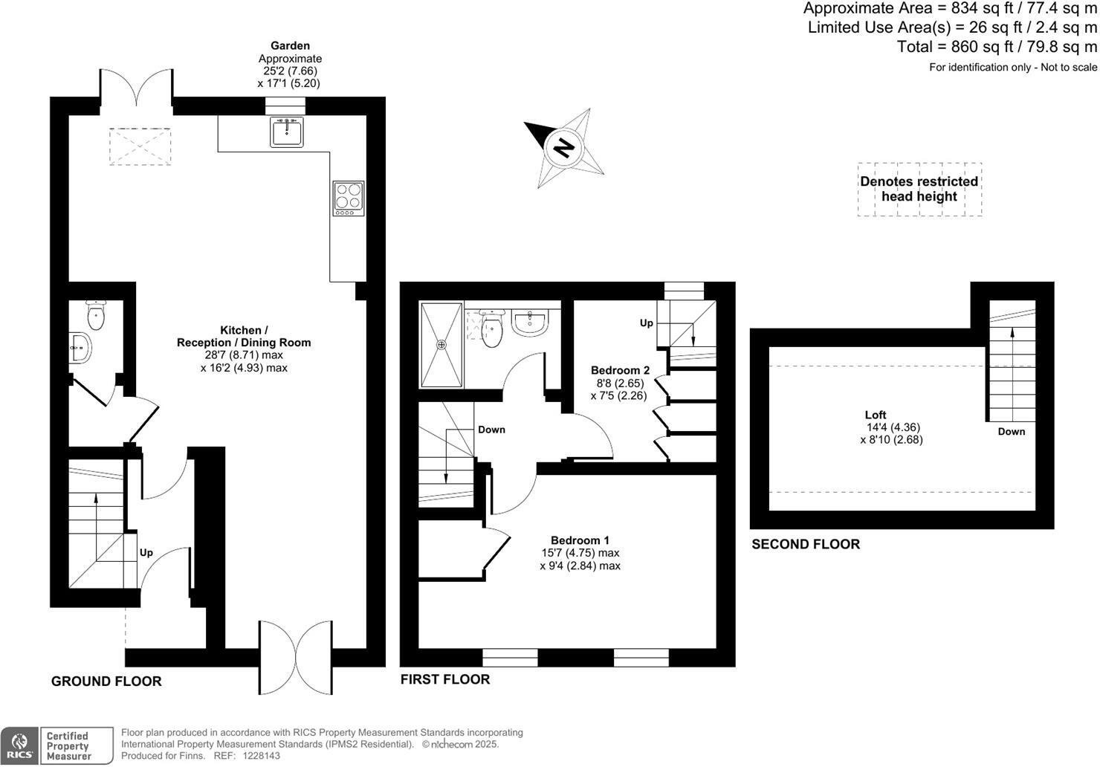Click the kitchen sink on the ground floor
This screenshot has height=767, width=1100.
click(x=286, y=133)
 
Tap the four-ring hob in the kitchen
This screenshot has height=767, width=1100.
click(x=348, y=198)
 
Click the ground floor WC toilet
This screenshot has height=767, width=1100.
click(x=96, y=316)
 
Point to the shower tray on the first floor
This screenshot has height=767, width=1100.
click(x=441, y=345)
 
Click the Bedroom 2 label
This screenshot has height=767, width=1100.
click(x=620, y=370)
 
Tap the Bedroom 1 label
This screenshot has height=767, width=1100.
click(x=580, y=540)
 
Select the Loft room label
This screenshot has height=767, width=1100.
click(x=876, y=415)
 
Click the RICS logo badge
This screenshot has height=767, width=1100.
click(x=20, y=745)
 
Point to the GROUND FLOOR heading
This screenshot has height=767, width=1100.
click(x=106, y=681)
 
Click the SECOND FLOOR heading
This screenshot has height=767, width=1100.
click(x=806, y=544)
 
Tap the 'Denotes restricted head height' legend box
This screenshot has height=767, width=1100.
click(x=919, y=189)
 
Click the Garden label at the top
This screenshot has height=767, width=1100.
click(x=290, y=46)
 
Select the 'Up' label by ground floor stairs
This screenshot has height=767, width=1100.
click(x=146, y=553)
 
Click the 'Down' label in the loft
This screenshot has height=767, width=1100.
click(x=1011, y=432)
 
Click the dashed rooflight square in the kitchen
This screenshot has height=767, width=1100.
click(x=140, y=146)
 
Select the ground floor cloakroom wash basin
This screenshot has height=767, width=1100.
click(x=81, y=348)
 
